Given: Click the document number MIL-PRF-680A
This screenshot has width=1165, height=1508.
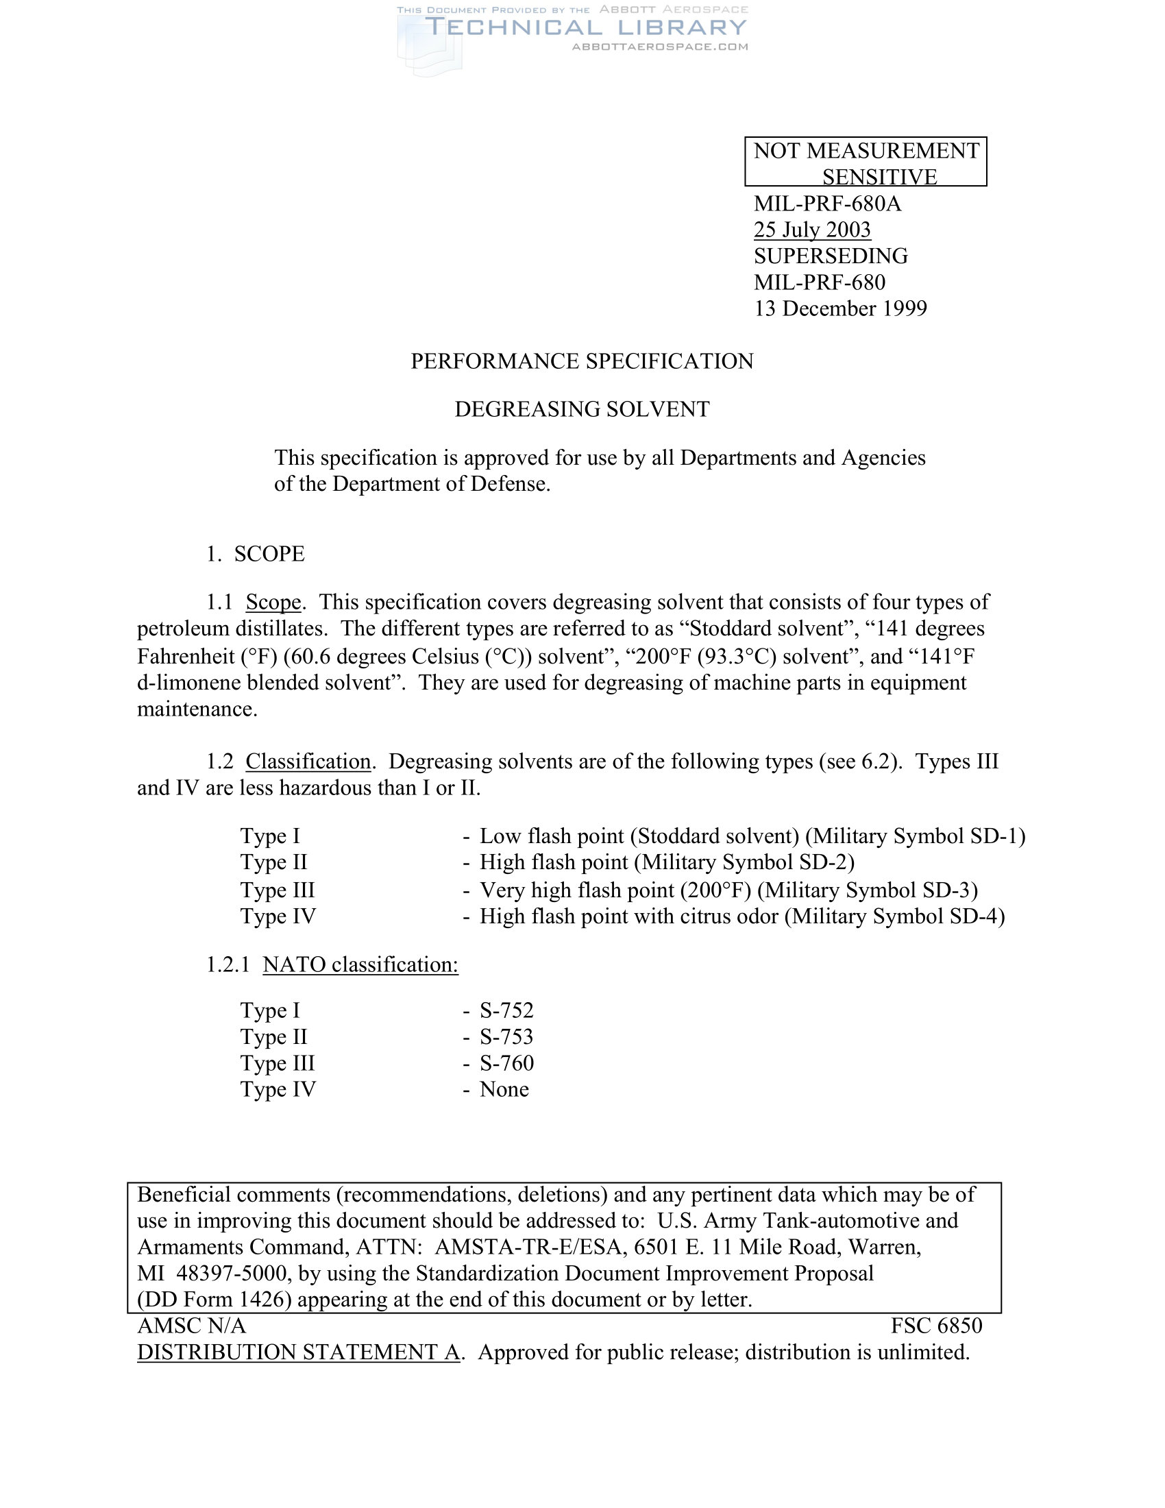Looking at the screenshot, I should pyautogui.click(x=827, y=204).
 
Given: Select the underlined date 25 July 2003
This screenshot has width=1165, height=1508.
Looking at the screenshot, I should pyautogui.click(x=811, y=229).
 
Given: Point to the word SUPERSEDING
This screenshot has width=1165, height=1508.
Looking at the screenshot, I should pyautogui.click(x=831, y=256).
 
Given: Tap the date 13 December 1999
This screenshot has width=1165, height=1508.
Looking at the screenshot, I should pyautogui.click(x=840, y=308).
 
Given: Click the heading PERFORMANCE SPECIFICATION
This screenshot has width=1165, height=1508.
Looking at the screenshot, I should pyautogui.click(x=582, y=361).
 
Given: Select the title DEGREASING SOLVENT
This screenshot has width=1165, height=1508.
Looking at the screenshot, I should pyautogui.click(x=582, y=409).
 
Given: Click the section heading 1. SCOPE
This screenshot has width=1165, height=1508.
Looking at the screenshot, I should pyautogui.click(x=256, y=554).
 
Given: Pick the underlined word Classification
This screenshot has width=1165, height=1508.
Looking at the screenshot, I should pyautogui.click(x=308, y=762).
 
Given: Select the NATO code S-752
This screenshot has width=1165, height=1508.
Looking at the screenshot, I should pyautogui.click(x=506, y=1011).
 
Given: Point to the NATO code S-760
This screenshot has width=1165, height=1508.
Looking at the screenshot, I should pyautogui.click(x=506, y=1063).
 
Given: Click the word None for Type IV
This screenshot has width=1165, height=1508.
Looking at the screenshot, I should pyautogui.click(x=504, y=1090).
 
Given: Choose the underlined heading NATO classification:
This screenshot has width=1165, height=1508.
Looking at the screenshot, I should pyautogui.click(x=360, y=964).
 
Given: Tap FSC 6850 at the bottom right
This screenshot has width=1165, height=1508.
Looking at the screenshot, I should pyautogui.click(x=936, y=1326).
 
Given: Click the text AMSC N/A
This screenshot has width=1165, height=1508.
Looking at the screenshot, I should pyautogui.click(x=191, y=1326).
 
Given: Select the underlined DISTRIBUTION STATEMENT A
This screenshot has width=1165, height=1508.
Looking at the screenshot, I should pyautogui.click(x=298, y=1352).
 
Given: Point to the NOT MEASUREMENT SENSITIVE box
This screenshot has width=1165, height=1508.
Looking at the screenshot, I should pyautogui.click(x=866, y=162).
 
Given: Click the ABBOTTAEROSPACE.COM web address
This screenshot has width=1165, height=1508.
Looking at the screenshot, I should pyautogui.click(x=660, y=47).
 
